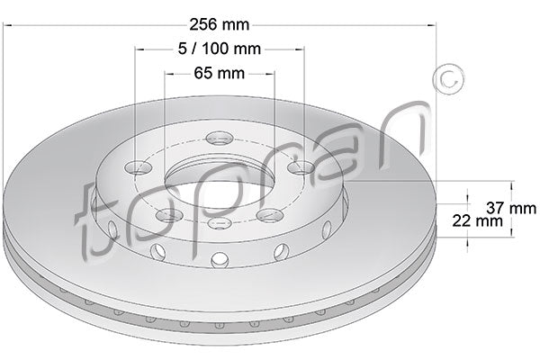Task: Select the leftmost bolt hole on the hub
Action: coord(136,168)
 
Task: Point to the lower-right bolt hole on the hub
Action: coord(270,215)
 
